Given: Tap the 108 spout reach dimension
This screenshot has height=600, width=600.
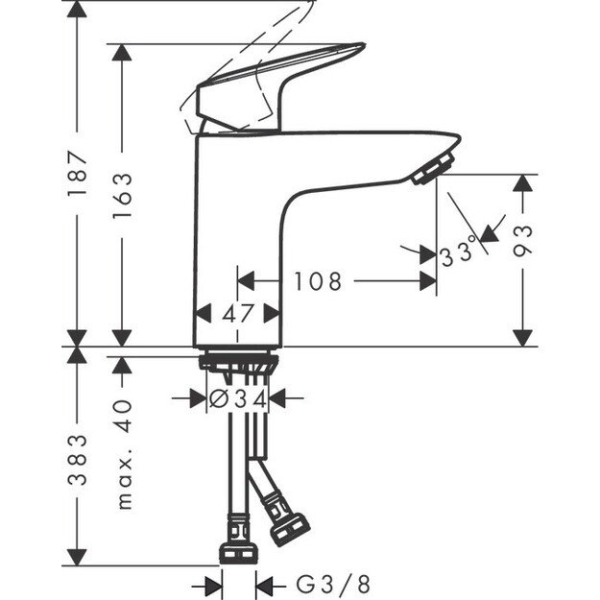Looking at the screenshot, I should pyautogui.click(x=318, y=281).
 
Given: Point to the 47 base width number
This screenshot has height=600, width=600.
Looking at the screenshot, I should pyautogui.click(x=239, y=313).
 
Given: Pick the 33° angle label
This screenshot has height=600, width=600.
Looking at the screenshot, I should pyautogui.click(x=459, y=254).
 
